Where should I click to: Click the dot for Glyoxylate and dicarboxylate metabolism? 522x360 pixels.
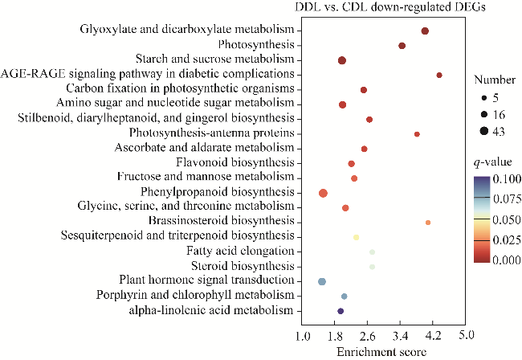(425, 31)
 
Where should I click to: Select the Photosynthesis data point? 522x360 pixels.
(402, 46)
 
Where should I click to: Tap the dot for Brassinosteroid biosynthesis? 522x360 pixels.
(428, 223)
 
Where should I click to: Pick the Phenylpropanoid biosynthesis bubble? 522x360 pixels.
(323, 193)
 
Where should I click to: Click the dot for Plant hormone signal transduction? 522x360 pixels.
(322, 281)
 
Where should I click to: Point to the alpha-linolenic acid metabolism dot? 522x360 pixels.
(341, 311)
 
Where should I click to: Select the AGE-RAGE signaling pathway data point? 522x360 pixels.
(439, 75)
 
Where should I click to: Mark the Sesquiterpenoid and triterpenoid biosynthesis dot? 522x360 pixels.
(356, 237)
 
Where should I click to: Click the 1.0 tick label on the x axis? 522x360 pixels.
(303, 335)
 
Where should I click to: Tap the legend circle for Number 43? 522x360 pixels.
(484, 129)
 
